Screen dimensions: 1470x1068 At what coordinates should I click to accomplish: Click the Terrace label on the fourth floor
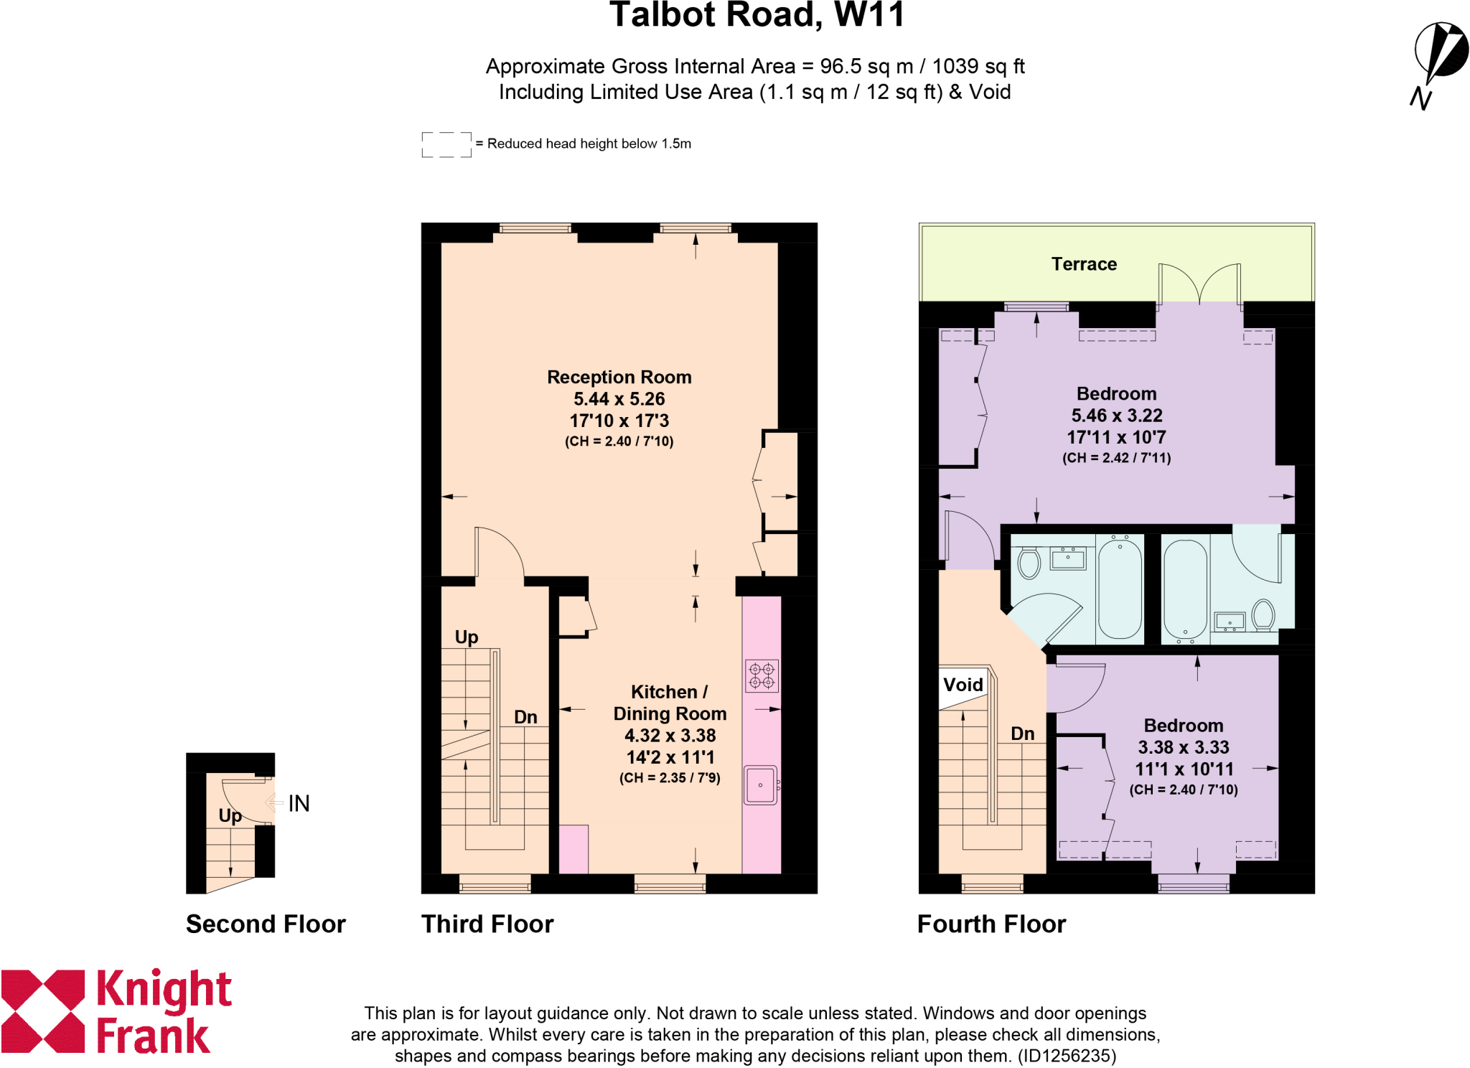[x=1084, y=264]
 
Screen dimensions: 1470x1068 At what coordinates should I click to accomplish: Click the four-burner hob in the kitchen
[x=762, y=675]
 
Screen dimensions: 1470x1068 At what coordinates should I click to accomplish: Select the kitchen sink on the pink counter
[x=760, y=785]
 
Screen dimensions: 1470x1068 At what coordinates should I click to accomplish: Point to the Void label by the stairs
[x=963, y=685]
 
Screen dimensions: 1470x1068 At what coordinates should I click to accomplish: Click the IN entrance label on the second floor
[x=299, y=803]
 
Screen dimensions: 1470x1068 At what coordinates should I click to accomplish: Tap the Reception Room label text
[x=619, y=378]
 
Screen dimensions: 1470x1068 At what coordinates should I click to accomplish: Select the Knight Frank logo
[x=115, y=1012]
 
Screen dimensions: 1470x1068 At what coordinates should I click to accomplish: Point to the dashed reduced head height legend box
[x=446, y=144]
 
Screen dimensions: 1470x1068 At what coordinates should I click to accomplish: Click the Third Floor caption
[x=487, y=924]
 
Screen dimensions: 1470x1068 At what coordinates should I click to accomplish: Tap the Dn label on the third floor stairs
[x=525, y=717]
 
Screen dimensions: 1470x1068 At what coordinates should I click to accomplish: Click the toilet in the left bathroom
[x=1029, y=563]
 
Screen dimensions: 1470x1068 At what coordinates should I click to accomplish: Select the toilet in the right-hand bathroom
[x=1263, y=614]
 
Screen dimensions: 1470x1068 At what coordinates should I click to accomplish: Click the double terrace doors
[x=1199, y=283]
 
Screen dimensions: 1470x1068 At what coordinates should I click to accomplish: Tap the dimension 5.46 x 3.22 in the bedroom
[x=1116, y=416]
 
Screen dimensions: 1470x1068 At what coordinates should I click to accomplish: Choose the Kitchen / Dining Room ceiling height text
[x=669, y=778]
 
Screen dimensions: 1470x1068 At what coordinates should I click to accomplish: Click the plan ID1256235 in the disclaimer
[x=1067, y=1056]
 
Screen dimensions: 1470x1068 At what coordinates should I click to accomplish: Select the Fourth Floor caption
[x=991, y=924]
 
